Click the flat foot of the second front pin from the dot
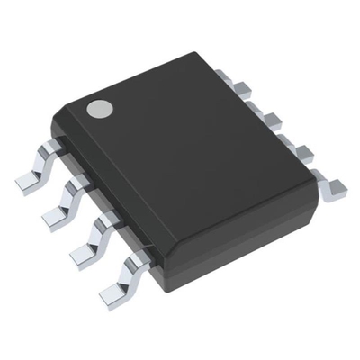pyautogui.click(x=57, y=215)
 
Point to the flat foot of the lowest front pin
pyautogui.click(x=112, y=291)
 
